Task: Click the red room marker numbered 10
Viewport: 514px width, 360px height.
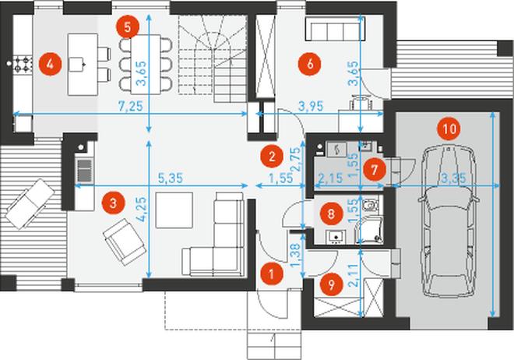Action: pos(449,129)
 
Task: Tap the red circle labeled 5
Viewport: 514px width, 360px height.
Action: pos(128,27)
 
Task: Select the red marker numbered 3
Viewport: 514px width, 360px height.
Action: pos(113,203)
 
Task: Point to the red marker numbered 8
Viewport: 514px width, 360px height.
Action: pos(331,214)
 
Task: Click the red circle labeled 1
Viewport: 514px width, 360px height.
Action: pos(272,274)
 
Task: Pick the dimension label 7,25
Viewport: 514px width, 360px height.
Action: pos(131,106)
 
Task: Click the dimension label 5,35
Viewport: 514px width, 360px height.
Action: pos(170,178)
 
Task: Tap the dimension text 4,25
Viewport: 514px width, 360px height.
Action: pos(142,210)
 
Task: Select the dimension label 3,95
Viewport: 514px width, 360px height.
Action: pos(311,106)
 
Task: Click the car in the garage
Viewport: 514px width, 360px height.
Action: pos(449,221)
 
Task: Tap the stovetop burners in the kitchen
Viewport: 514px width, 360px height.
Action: pos(23,64)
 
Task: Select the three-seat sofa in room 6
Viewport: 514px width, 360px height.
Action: pos(333,29)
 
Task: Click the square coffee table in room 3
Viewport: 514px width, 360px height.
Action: pos(174,210)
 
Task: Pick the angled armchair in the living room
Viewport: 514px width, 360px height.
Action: pos(125,242)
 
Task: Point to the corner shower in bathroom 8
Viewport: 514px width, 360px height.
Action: pos(370,230)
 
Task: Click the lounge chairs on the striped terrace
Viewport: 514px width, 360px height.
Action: pos(30,203)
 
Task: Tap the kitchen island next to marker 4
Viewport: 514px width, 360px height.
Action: pos(83,64)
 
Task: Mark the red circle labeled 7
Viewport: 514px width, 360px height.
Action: pos(375,170)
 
